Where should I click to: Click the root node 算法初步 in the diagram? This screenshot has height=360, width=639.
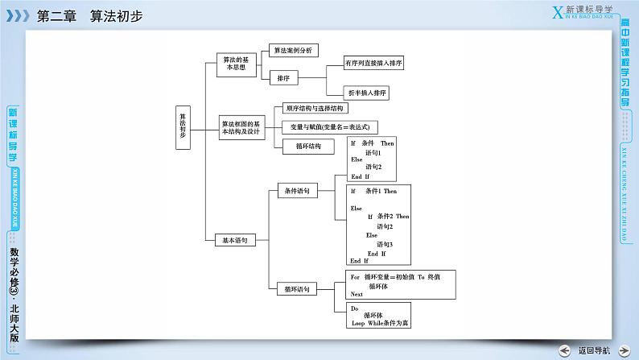point(183,127)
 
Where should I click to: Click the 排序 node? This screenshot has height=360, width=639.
point(283,78)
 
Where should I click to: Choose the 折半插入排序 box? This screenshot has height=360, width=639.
point(366,93)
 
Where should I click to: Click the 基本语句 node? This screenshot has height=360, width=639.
point(235,239)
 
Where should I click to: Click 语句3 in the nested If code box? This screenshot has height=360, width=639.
point(384,244)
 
